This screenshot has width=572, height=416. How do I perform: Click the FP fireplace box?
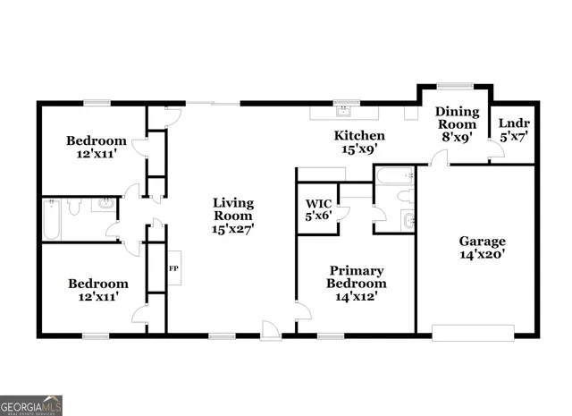tap(174, 267)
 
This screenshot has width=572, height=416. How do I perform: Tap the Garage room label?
tap(483, 241)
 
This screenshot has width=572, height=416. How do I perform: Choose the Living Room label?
tap(233, 208)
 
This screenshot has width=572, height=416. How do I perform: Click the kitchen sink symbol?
tap(343, 113)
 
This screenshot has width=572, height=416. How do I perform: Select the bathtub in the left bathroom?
tap(51, 219)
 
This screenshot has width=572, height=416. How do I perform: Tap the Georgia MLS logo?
tap(31, 404)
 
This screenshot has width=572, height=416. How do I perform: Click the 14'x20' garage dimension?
tap(483, 255)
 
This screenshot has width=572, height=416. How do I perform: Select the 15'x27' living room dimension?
tap(233, 229)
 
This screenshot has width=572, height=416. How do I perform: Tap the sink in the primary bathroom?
tap(408, 221)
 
